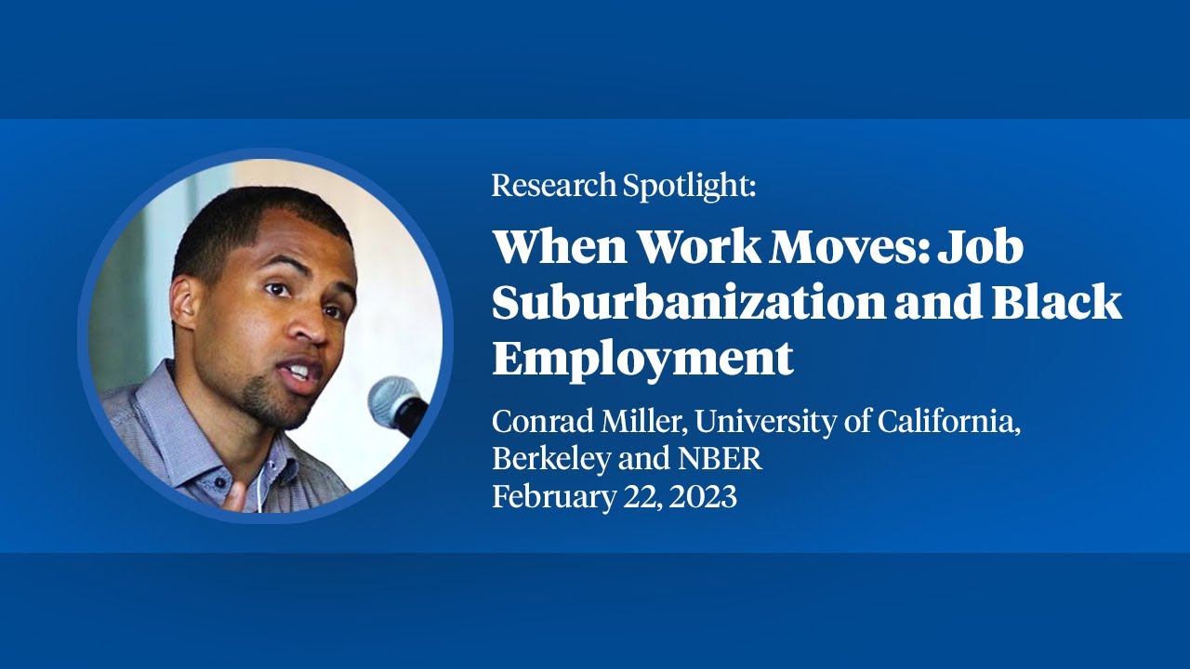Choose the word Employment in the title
642,357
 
